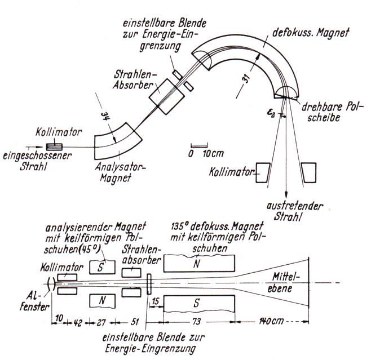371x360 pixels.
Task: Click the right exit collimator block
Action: tap(308, 172)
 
